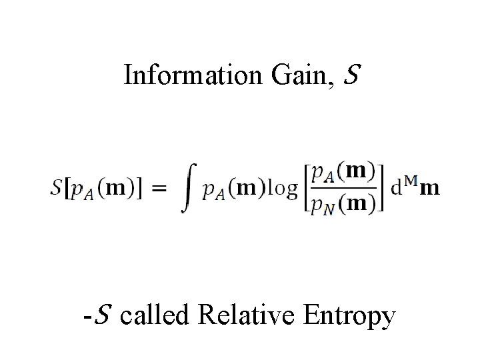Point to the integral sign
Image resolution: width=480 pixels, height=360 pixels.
[x=189, y=189]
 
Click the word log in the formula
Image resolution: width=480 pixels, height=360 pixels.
[x=283, y=189]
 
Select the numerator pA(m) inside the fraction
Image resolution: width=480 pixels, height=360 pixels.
[x=343, y=173]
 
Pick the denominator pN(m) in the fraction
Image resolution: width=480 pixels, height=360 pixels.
[x=343, y=203]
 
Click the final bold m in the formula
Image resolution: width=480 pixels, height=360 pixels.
[x=430, y=189]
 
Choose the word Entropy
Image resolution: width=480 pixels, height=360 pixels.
[x=351, y=315]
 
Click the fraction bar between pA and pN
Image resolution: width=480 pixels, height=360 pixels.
[x=344, y=189]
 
